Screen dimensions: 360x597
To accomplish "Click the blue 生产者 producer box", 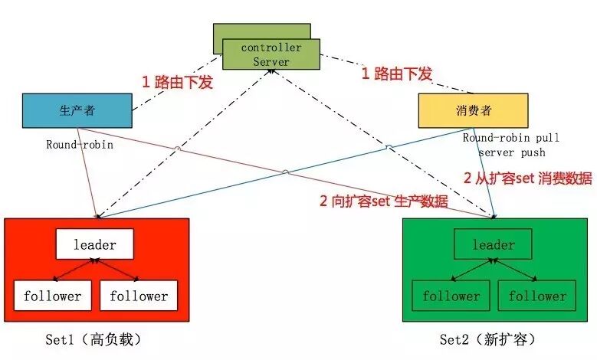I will (77, 110).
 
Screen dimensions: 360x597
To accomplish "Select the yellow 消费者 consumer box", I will (473, 111).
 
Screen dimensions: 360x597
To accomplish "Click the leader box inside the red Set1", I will (94, 245).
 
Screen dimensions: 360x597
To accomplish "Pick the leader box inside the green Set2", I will (493, 245).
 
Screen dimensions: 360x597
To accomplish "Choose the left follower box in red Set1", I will (52, 296).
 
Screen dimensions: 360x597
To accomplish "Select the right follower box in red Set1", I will (139, 296).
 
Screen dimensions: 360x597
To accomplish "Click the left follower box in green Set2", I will (450, 296).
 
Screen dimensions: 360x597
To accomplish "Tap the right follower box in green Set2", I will (536, 296).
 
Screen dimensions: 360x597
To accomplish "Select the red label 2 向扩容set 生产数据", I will (384, 201).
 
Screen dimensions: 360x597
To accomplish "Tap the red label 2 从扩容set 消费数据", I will (528, 178).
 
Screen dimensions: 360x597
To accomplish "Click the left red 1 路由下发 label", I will (176, 82).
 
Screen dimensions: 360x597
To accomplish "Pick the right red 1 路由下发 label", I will (397, 74).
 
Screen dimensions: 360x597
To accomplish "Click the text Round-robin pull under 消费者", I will (510, 138).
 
